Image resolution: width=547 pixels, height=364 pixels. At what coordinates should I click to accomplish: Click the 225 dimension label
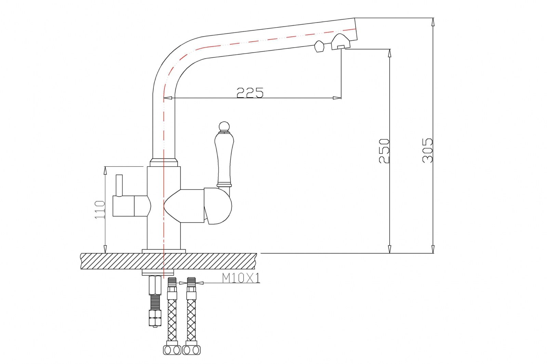click(x=250, y=93)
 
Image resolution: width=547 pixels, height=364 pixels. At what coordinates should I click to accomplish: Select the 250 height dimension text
click(x=384, y=151)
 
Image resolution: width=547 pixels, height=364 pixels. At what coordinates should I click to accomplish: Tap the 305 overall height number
click(x=427, y=150)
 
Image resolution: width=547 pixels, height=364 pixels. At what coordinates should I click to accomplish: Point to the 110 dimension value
click(x=99, y=210)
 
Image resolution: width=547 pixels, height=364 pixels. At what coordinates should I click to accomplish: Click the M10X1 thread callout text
click(x=241, y=278)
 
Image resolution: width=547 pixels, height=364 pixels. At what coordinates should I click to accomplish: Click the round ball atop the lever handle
click(x=224, y=126)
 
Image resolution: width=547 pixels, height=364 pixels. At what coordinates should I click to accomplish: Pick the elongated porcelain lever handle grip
click(x=224, y=159)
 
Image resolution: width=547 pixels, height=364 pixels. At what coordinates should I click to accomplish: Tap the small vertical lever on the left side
click(x=119, y=186)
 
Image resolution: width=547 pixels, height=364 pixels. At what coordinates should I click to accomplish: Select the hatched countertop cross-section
click(x=169, y=261)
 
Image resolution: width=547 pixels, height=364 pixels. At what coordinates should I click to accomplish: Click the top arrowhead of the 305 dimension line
click(x=433, y=22)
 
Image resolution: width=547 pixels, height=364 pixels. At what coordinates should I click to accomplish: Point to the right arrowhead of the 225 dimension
click(x=337, y=98)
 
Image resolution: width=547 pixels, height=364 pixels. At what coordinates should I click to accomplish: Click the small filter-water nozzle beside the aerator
click(x=319, y=46)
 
